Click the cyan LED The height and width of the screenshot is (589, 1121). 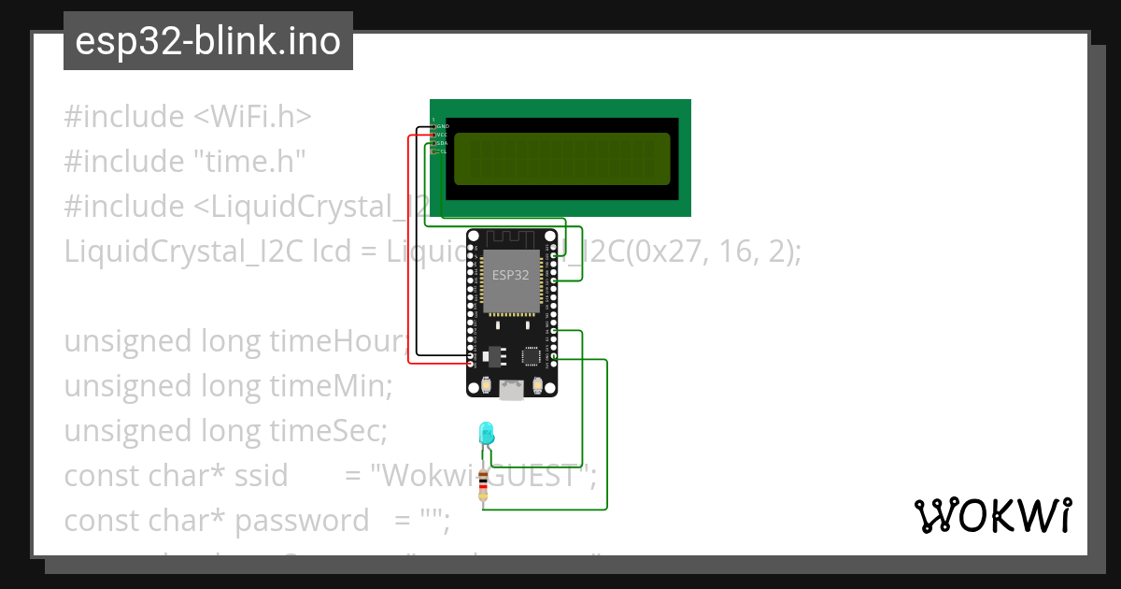(486, 433)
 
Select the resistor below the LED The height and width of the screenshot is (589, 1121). (482, 486)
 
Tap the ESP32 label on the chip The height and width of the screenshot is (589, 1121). (511, 275)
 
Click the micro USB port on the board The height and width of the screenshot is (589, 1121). (511, 390)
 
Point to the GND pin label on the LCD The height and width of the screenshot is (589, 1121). (443, 125)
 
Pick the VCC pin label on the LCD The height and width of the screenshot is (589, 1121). (443, 135)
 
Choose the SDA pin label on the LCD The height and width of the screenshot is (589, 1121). (443, 143)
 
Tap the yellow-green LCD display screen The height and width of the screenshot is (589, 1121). (561, 159)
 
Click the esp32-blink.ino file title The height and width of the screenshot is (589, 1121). (207, 41)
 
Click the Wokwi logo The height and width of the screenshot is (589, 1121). (992, 515)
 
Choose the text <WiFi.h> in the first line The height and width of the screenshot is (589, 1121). (252, 117)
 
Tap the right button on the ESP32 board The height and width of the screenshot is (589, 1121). (537, 385)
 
